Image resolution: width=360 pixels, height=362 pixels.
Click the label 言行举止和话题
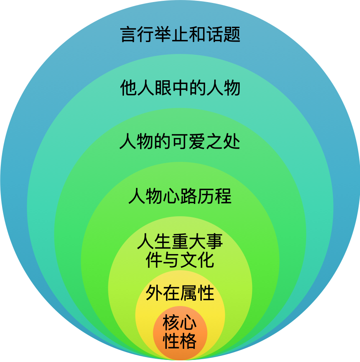click(x=180, y=35)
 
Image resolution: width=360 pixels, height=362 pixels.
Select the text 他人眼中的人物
click(x=180, y=88)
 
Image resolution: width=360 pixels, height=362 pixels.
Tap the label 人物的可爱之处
click(x=180, y=142)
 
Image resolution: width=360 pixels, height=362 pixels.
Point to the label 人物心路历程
click(x=180, y=196)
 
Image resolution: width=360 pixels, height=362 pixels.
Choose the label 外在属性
click(x=180, y=293)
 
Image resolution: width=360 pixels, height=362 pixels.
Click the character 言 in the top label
click(x=129, y=35)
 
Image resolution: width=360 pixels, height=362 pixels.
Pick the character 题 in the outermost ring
click(x=232, y=35)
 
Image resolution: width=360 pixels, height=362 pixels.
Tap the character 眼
click(x=163, y=88)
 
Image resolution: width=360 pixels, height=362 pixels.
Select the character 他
click(x=129, y=88)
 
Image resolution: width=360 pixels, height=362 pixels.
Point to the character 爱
click(x=197, y=142)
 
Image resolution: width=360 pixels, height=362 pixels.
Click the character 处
click(x=232, y=142)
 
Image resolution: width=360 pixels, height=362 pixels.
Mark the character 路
click(x=189, y=196)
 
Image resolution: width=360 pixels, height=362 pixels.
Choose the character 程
click(x=223, y=196)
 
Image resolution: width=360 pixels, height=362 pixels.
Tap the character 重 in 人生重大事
click(x=180, y=241)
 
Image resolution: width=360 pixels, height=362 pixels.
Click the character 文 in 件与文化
click(x=189, y=260)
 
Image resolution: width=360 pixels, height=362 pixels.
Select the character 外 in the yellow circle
click(x=154, y=293)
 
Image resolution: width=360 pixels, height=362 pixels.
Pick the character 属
click(x=189, y=293)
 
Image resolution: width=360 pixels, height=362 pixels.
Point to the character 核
click(x=171, y=322)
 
